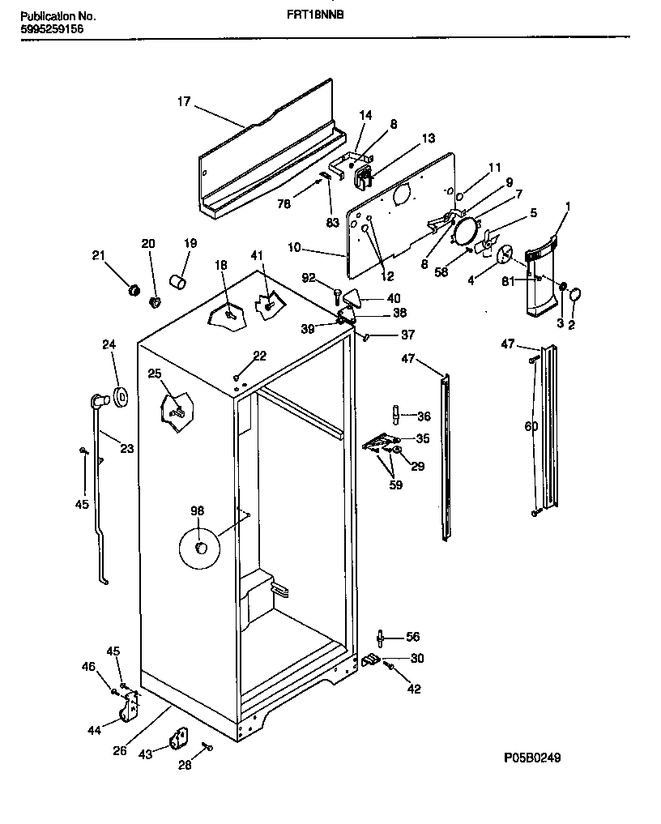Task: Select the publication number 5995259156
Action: pyautogui.click(x=49, y=29)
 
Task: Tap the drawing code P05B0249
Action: pyautogui.click(x=531, y=758)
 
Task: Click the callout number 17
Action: pyautogui.click(x=184, y=102)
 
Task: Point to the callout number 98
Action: pyautogui.click(x=198, y=510)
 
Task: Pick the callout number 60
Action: pyautogui.click(x=531, y=426)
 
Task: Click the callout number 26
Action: pyautogui.click(x=119, y=750)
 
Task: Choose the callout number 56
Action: pyautogui.click(x=413, y=637)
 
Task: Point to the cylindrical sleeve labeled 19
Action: pyautogui.click(x=178, y=281)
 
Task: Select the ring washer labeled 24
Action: pyautogui.click(x=122, y=396)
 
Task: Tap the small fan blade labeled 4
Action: pyautogui.click(x=505, y=254)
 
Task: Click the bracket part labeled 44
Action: pyautogui.click(x=129, y=709)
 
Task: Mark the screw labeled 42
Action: pyautogui.click(x=390, y=666)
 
